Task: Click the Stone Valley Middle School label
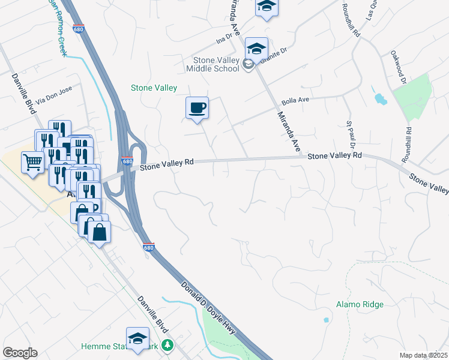tap(217, 64)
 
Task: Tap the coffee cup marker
tap(197, 108)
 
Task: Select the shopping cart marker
tap(32, 161)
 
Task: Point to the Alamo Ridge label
tap(360, 304)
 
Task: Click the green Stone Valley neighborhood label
tap(154, 88)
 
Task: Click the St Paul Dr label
tap(351, 136)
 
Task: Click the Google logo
tap(20, 353)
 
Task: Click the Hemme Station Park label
tap(123, 346)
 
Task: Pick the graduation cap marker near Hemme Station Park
tap(137, 337)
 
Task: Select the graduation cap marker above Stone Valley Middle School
tap(257, 49)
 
